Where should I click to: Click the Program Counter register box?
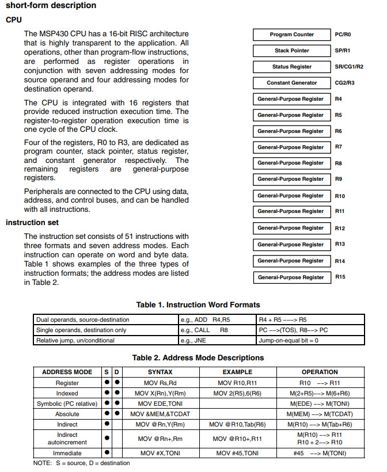291,35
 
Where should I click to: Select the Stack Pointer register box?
291,51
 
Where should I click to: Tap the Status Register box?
291,67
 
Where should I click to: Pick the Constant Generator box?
291,83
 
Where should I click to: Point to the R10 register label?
340,196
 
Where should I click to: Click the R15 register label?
340,277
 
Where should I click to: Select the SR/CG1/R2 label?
348,67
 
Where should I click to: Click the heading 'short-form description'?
51,6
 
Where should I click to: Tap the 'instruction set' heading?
32,223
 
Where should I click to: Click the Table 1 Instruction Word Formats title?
198,304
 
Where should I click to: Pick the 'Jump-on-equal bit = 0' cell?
289,340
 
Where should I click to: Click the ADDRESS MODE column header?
67,372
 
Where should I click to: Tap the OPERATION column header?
320,372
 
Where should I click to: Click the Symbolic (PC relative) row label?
67,404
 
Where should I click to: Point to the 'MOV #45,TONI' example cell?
237,453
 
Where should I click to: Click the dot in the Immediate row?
107,453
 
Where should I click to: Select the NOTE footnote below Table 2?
82,463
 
